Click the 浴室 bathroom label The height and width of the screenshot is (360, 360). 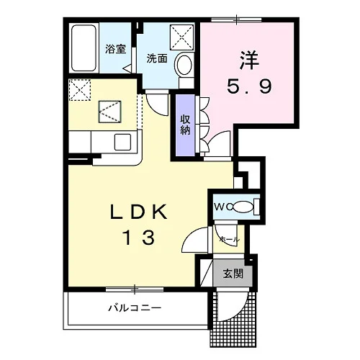(115, 50)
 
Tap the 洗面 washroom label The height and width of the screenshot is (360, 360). (157, 58)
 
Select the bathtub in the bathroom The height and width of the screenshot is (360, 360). (84, 48)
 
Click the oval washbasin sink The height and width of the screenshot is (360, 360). (184, 64)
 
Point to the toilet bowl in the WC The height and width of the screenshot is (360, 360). (243, 207)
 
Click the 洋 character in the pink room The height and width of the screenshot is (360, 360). (248, 60)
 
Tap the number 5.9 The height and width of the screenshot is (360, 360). (249, 86)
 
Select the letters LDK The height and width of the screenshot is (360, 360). (138, 212)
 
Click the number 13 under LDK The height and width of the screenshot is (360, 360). (138, 237)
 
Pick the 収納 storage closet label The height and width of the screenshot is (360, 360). (185, 125)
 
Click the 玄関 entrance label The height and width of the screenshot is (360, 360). (233, 274)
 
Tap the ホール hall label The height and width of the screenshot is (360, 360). (230, 239)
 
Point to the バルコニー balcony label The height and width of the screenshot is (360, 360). (135, 307)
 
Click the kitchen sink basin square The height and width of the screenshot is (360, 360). (122, 142)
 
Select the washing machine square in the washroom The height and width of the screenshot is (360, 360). (181, 37)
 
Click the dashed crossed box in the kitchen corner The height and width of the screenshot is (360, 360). (80, 90)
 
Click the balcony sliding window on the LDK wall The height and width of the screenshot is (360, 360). (135, 289)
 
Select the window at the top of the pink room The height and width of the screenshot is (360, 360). (236, 19)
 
